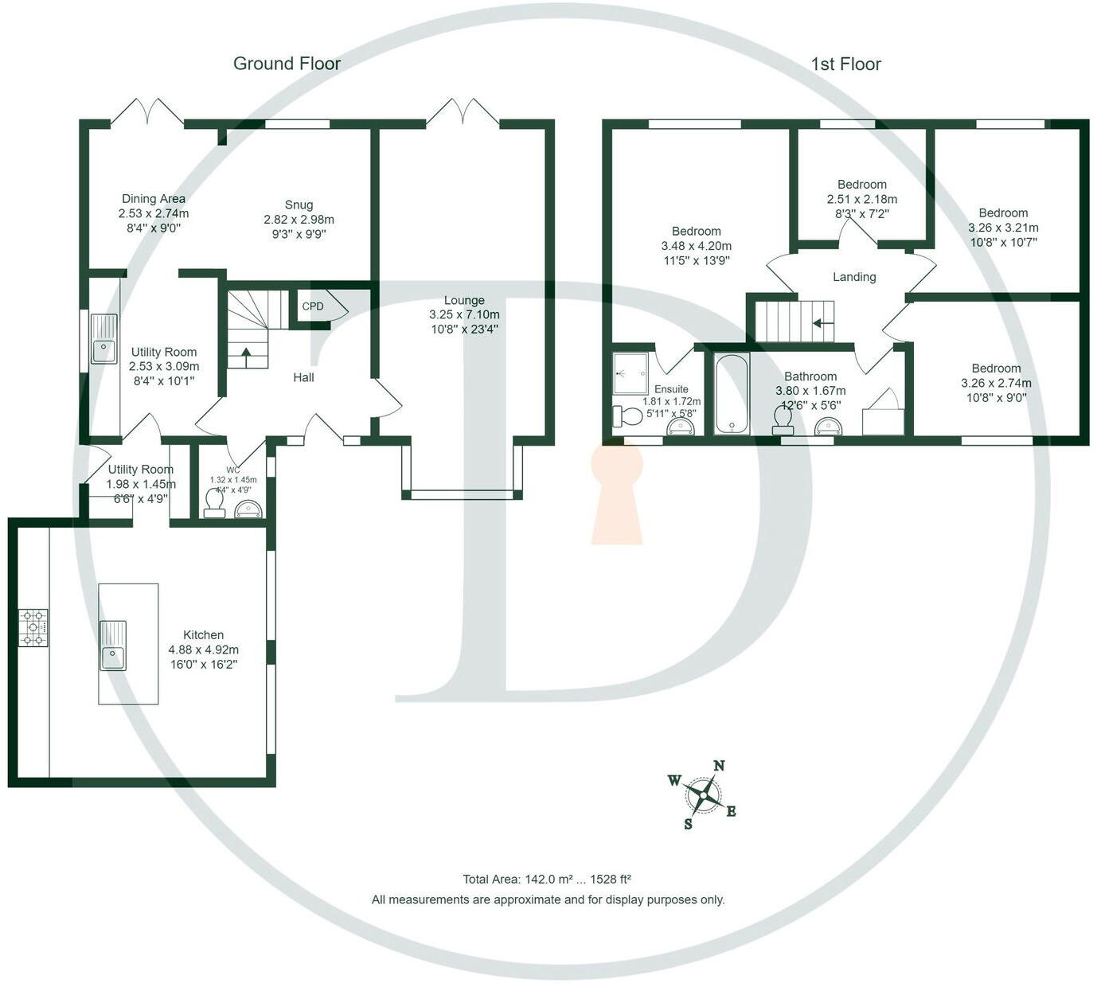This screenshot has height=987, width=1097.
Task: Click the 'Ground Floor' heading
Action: (x=287, y=64)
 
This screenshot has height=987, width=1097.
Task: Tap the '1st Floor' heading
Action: (x=845, y=64)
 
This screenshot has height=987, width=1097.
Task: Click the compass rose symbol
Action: (x=703, y=794)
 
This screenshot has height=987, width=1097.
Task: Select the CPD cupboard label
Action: (x=313, y=306)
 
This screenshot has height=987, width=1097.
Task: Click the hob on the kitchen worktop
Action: (x=34, y=627)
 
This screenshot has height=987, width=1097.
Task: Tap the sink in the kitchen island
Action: (x=112, y=646)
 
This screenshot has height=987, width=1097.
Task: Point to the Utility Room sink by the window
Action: (x=103, y=339)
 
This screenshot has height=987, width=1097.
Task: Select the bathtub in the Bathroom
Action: (x=731, y=394)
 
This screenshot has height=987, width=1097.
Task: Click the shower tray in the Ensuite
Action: (x=630, y=374)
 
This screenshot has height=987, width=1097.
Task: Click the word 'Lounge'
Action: (x=464, y=300)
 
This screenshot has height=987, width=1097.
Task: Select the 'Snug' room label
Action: (x=299, y=205)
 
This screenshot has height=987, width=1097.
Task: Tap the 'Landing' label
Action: (x=854, y=277)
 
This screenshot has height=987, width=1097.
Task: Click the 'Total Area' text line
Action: (x=547, y=880)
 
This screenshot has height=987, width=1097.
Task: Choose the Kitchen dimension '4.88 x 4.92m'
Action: (x=203, y=650)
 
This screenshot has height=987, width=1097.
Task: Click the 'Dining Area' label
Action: (x=154, y=199)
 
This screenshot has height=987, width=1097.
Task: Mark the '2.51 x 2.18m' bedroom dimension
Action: (x=861, y=199)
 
